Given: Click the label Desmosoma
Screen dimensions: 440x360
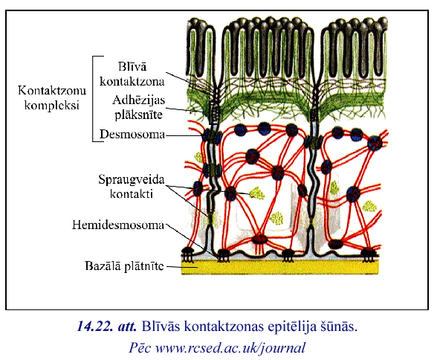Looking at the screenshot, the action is (x=132, y=135).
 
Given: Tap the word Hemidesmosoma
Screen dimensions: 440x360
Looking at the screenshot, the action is (x=118, y=225).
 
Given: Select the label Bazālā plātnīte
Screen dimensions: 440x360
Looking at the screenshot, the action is (x=124, y=266).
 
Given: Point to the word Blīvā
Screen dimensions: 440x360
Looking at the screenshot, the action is (x=132, y=67).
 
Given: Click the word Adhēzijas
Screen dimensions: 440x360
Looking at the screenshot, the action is (x=139, y=100).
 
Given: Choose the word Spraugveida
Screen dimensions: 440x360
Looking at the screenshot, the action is (x=132, y=180).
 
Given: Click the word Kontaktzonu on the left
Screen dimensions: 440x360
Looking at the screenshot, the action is (x=52, y=91).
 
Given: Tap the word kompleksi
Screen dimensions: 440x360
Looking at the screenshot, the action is (x=52, y=106).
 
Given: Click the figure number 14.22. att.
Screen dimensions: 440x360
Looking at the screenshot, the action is (x=106, y=327).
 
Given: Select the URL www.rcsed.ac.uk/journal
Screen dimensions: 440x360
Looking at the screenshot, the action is (x=230, y=348).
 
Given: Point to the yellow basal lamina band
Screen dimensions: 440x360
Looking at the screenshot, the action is (x=279, y=267).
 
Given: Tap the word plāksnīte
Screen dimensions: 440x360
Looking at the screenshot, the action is (x=139, y=115).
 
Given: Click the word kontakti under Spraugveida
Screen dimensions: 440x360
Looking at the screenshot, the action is (x=132, y=194).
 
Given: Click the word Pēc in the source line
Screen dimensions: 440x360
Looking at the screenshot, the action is (x=140, y=348).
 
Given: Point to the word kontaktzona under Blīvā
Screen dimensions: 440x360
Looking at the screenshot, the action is (x=132, y=82).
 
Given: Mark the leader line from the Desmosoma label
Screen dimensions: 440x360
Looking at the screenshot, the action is (x=184, y=135).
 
